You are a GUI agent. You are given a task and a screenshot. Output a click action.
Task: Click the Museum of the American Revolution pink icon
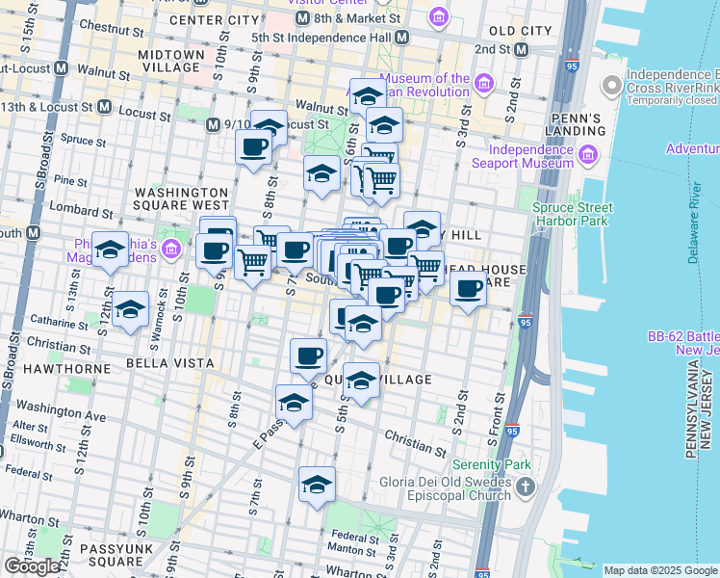[483, 79]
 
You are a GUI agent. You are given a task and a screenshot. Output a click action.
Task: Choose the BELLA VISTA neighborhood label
[162, 363]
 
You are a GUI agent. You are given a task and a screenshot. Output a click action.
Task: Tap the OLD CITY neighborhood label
[522, 31]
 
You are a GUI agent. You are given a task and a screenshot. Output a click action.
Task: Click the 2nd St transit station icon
[522, 48]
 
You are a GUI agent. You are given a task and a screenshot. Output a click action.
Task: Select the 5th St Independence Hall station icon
[402, 37]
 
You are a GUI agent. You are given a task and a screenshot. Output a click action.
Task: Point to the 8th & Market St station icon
[302, 18]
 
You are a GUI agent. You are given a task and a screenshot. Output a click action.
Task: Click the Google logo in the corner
[32, 565]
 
